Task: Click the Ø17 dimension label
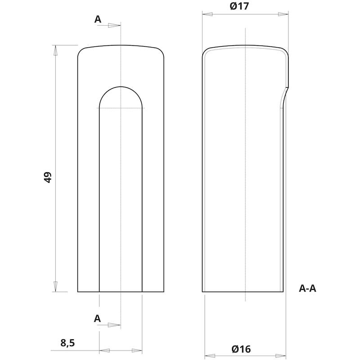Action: click(x=239, y=6)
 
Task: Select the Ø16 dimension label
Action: click(x=241, y=349)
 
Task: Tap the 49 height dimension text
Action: click(x=48, y=177)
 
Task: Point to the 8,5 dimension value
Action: click(x=68, y=343)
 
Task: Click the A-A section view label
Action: click(x=307, y=288)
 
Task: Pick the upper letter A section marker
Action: click(x=98, y=19)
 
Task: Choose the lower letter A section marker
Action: click(x=97, y=319)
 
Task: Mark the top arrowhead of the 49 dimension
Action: click(x=55, y=50)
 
